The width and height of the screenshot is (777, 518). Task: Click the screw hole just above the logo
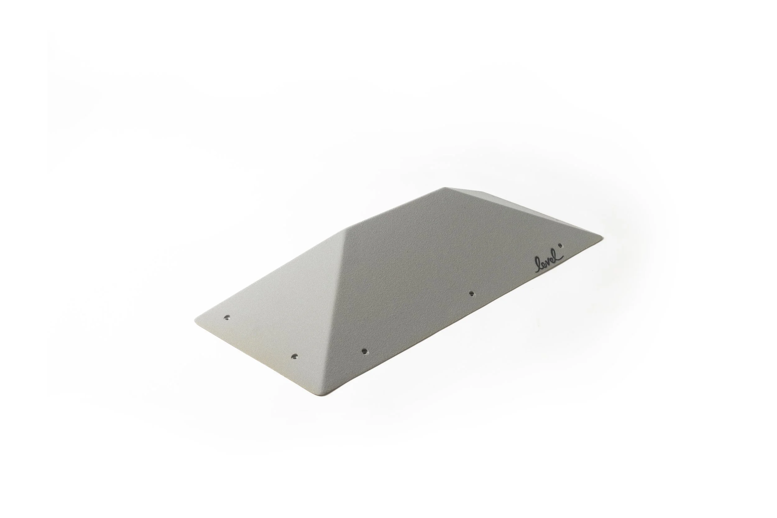tap(560, 245)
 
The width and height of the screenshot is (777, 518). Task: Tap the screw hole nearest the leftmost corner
tap(227, 317)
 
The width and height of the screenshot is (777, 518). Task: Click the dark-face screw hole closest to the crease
tap(364, 351)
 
